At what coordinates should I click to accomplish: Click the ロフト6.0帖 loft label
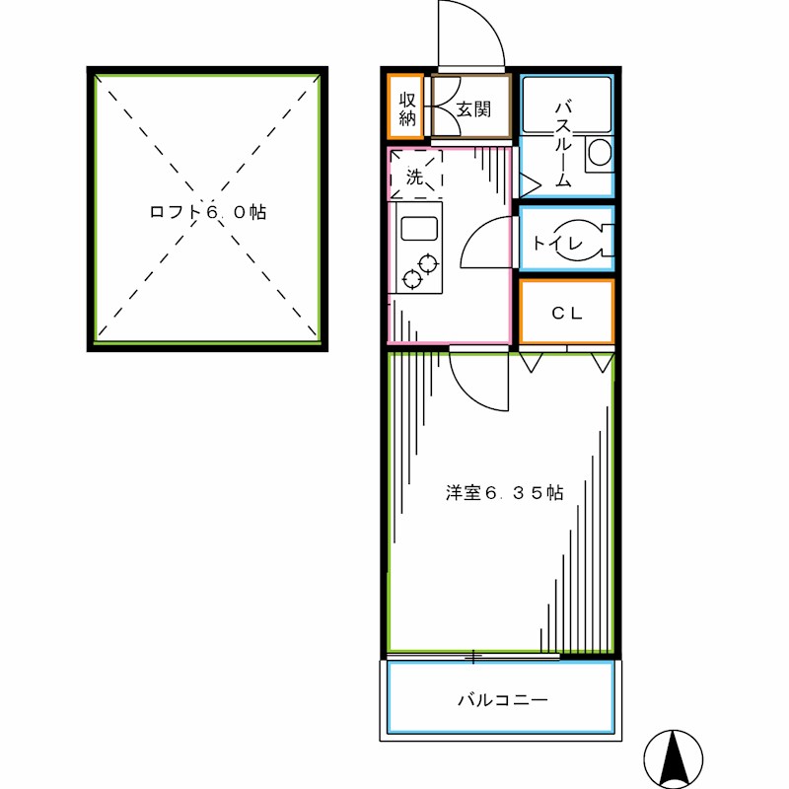[207, 212]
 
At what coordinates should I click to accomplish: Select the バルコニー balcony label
[502, 700]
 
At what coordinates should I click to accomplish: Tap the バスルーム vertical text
[563, 143]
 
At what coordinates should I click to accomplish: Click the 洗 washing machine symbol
[415, 178]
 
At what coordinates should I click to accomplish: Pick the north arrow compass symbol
[674, 757]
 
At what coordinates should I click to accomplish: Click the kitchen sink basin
[419, 230]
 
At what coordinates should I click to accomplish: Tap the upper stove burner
[428, 263]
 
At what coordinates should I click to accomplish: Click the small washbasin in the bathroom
[599, 154]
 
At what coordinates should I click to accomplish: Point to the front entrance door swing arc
[471, 35]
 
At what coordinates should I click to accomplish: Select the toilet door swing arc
[485, 243]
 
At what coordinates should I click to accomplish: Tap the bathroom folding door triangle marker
[528, 184]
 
